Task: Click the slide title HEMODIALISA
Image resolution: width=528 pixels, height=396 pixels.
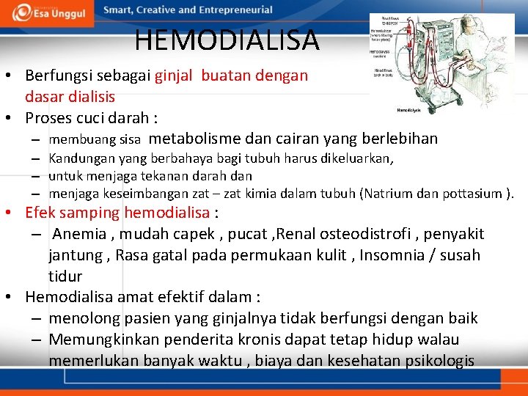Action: pyautogui.click(x=227, y=40)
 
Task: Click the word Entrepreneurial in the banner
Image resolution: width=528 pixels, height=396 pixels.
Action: pyautogui.click(x=235, y=10)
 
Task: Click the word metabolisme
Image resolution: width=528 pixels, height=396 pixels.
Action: pyautogui.click(x=199, y=139)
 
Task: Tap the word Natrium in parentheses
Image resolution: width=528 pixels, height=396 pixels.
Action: pyautogui.click(x=387, y=194)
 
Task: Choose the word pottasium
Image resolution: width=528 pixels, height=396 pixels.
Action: pyautogui.click(x=473, y=194)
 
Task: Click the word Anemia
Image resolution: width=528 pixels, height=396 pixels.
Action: pyautogui.click(x=80, y=234)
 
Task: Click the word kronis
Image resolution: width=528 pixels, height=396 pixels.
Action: pyautogui.click(x=272, y=340)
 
